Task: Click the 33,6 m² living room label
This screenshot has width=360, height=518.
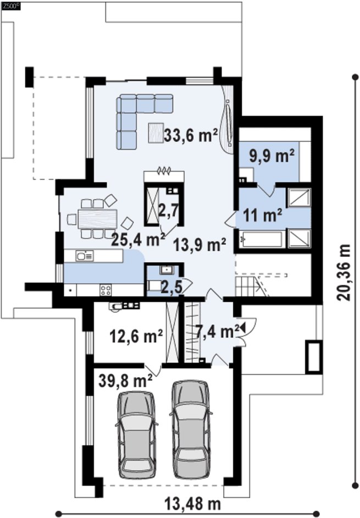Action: click(x=191, y=135)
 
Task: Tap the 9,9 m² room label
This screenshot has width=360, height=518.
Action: click(x=272, y=156)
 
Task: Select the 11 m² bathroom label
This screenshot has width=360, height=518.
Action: click(x=263, y=216)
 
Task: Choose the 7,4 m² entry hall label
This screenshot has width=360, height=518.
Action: click(x=217, y=332)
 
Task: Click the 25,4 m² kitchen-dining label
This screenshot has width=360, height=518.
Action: click(x=138, y=239)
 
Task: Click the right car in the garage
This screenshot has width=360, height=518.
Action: click(x=191, y=429)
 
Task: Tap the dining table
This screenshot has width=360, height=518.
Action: click(x=97, y=219)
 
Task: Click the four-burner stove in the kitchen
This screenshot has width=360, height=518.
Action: click(x=106, y=290)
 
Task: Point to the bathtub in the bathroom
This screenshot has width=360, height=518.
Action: click(x=262, y=239)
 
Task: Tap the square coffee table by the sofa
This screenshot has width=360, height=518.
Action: click(x=156, y=133)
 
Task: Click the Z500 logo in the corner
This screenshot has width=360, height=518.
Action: click(x=11, y=5)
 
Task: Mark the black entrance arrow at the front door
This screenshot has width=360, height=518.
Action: click(x=243, y=328)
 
